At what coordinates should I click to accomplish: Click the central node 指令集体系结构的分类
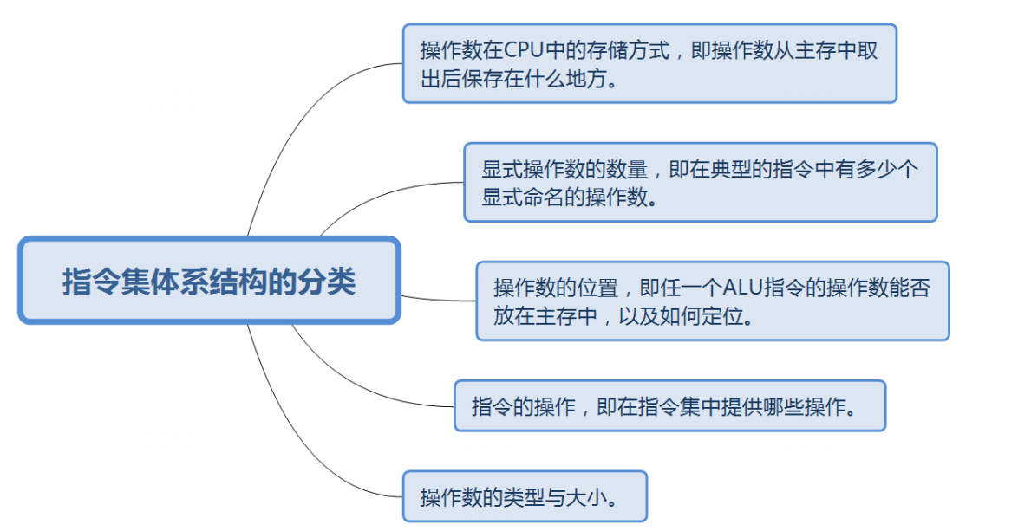[x=209, y=282]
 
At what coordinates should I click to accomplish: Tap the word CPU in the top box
[x=521, y=50]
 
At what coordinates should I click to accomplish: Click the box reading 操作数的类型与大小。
[x=525, y=496]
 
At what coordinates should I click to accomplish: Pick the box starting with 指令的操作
[x=669, y=405]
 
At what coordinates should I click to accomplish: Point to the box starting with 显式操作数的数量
[x=701, y=182]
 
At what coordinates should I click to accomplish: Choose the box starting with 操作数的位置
[x=712, y=301]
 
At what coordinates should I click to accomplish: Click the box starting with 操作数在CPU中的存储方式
[x=649, y=63]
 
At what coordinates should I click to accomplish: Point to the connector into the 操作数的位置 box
[x=438, y=300]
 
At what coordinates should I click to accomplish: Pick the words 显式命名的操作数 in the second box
[x=567, y=197]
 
